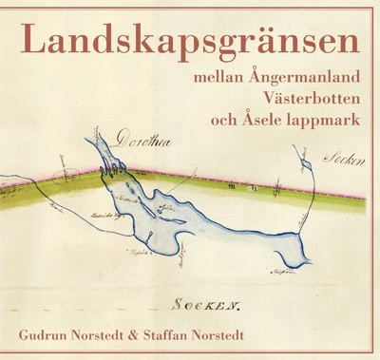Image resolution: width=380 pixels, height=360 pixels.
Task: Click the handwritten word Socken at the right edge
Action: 345,159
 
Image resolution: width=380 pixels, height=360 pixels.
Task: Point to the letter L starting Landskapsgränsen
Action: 32,41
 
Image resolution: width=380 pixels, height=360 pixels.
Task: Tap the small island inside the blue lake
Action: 167,212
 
